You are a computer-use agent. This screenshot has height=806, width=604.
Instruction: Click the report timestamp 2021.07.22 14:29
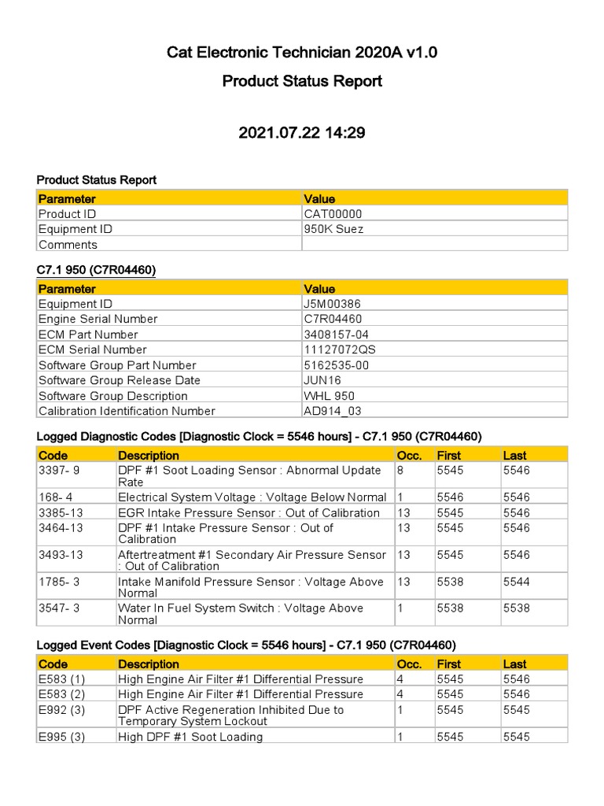302,133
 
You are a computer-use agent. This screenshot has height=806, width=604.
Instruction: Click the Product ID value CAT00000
333,214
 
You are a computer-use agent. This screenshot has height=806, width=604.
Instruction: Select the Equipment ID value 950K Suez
333,229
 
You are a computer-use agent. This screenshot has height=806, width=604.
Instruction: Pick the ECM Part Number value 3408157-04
336,335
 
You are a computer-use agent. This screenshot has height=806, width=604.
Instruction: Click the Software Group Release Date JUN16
322,380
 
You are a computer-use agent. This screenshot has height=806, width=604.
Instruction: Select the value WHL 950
329,396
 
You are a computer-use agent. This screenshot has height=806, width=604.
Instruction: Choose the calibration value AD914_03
333,411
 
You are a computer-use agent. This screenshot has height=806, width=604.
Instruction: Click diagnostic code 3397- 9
59,471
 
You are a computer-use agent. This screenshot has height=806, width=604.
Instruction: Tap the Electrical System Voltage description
252,497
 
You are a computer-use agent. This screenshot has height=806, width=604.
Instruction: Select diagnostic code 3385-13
61,512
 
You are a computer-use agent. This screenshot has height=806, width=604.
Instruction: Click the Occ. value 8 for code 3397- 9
400,471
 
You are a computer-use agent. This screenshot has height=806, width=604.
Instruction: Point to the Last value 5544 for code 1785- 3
517,582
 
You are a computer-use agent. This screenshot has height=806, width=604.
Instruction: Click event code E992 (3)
62,710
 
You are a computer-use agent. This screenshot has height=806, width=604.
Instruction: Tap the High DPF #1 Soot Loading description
190,737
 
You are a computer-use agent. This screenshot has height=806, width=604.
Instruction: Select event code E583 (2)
62,694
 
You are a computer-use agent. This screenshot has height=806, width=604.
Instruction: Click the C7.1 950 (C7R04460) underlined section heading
96,270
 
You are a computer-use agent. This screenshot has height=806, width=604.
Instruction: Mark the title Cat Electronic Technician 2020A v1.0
302,53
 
